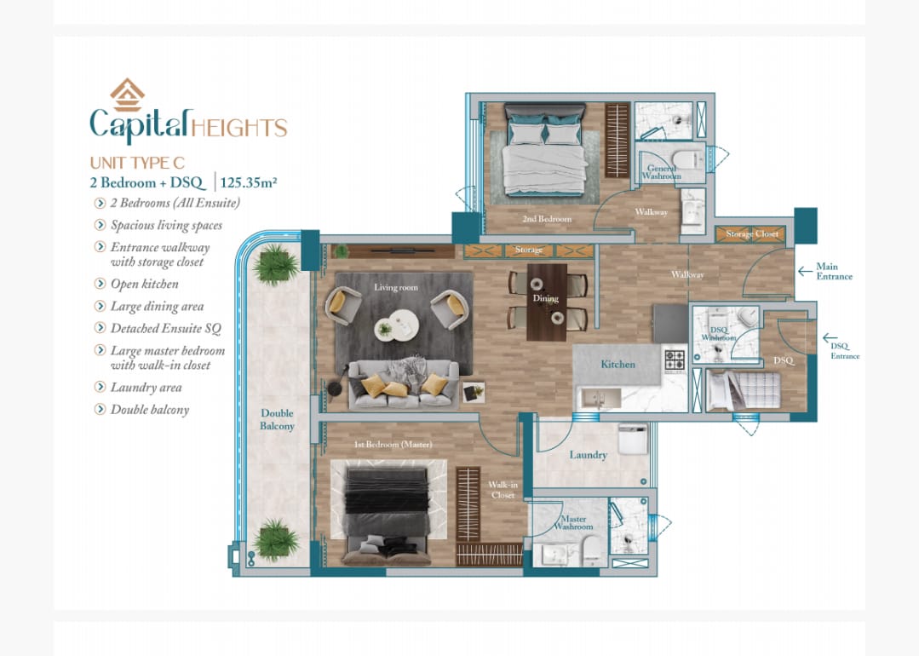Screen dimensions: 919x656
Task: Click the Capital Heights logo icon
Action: tap(127, 95)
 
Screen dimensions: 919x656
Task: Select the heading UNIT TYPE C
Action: tap(137, 163)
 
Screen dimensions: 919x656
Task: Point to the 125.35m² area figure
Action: tap(249, 182)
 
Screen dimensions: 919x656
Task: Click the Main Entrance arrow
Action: tap(805, 272)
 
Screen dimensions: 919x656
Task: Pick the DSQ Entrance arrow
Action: tap(830, 338)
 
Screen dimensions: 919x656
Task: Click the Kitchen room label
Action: tap(617, 364)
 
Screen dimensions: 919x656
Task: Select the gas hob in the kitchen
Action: tap(675, 360)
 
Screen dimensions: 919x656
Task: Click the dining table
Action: tap(547, 302)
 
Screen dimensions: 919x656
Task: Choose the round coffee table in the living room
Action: tap(397, 325)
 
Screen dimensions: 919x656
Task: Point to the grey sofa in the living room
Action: tap(403, 385)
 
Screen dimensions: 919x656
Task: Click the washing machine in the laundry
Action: tap(633, 439)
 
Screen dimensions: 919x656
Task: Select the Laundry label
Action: tap(588, 455)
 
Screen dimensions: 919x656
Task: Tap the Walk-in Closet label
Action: tap(503, 490)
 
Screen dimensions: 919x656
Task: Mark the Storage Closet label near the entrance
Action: tap(752, 234)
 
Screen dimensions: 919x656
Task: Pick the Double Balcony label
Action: tap(277, 419)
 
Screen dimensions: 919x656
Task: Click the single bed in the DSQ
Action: tap(744, 390)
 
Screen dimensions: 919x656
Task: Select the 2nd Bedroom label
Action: tap(547, 219)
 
